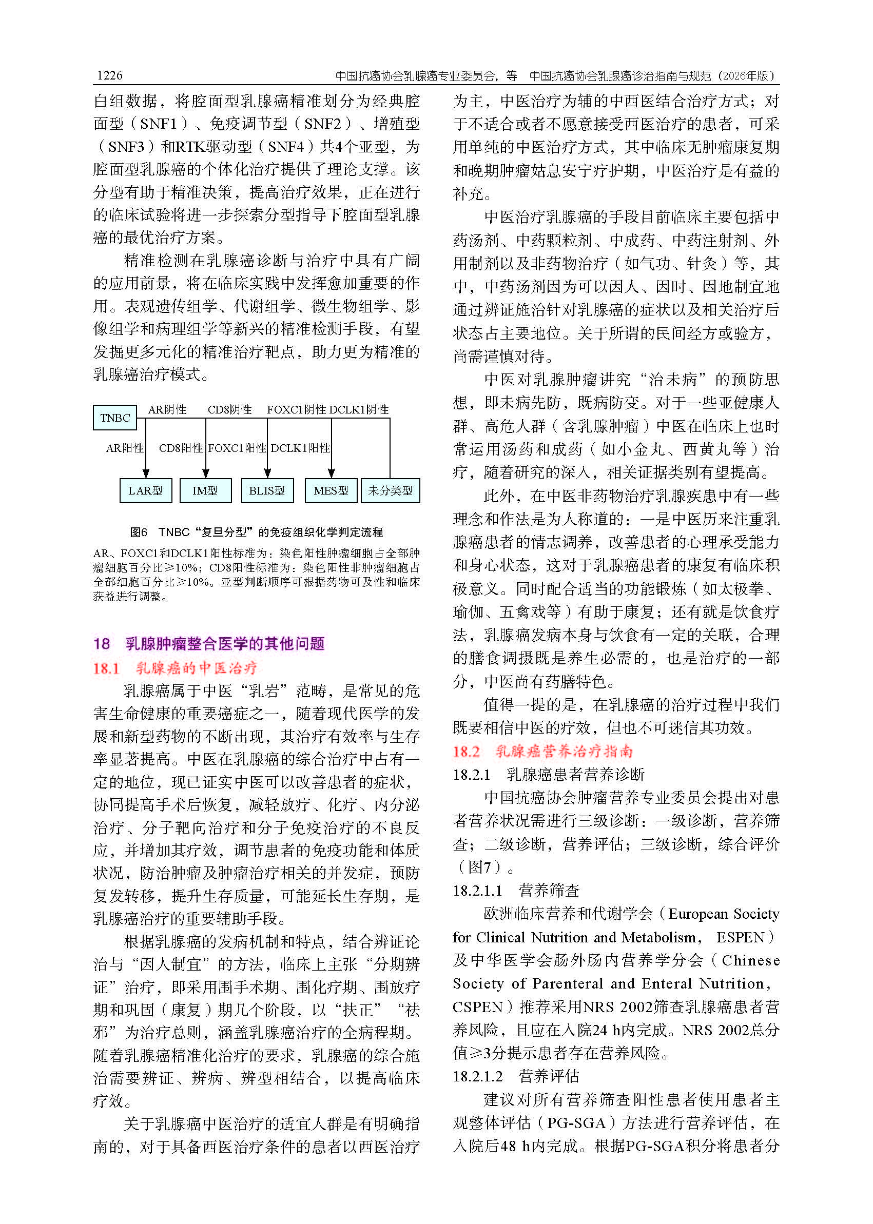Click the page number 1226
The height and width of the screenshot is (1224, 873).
pos(110,75)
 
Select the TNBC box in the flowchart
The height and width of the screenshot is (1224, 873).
pos(114,418)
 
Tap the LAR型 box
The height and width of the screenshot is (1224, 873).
pos(145,490)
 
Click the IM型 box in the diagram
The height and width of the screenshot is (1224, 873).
pos(205,490)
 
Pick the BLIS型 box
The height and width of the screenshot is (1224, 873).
pos(267,490)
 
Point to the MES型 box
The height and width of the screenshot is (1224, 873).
pos(331,490)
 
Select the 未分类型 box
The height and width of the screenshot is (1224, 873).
pos(390,490)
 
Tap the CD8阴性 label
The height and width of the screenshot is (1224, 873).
pos(229,409)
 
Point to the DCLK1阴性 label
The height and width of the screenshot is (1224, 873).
pos(359,409)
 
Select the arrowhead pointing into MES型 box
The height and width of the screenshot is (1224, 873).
pos(331,473)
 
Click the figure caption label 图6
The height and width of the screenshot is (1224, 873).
pos(138,532)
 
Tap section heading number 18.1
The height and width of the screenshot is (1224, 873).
pos(106,668)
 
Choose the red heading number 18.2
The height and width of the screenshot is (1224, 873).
pos(466,751)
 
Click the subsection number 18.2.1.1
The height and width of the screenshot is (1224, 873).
pos(477,891)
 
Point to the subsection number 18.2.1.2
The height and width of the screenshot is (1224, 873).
pos(477,1076)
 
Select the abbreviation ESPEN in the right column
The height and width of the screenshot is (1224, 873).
pos(740,937)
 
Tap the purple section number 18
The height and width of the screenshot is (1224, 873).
pos(102,644)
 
